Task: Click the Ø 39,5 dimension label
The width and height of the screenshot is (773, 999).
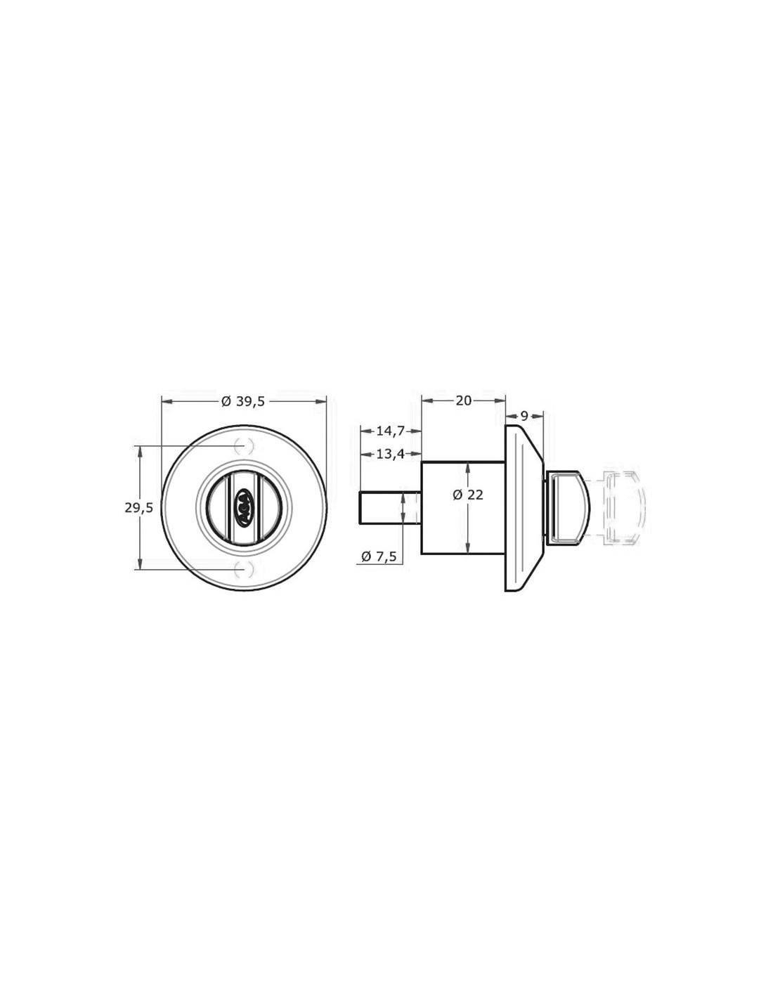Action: (243, 401)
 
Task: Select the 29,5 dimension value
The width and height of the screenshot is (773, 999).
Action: (139, 507)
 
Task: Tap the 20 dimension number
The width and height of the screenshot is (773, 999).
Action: (464, 401)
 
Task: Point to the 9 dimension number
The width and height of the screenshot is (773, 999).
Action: (524, 416)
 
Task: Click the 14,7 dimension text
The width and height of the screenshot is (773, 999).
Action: (391, 431)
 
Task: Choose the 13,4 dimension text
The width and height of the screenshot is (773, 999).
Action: (391, 455)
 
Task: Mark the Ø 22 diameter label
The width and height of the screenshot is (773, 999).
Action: (467, 495)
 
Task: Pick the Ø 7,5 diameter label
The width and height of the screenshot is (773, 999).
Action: (379, 556)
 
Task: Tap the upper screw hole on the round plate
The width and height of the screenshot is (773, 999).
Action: (244, 445)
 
